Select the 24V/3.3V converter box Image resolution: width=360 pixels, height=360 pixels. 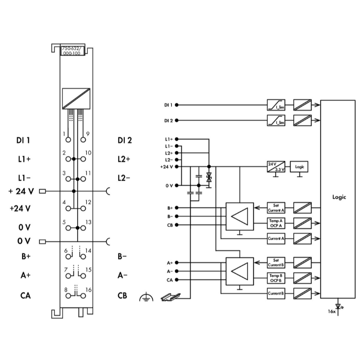tap(276, 167)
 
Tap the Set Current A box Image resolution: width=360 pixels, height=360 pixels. tap(276, 207)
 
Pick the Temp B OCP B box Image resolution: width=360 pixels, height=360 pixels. tap(276, 277)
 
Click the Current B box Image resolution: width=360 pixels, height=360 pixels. tap(276, 294)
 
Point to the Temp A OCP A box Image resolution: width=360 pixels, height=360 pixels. tap(276, 222)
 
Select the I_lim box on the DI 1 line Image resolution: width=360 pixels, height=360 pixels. tap(276, 105)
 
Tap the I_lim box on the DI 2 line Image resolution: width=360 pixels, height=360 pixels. tap(276, 121)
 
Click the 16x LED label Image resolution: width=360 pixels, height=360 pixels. tap(332, 311)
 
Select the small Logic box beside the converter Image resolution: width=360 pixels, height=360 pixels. tap(300, 167)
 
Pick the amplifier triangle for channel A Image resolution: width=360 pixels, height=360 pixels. tap(240, 216)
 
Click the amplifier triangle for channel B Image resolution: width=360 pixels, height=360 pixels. tap(240, 272)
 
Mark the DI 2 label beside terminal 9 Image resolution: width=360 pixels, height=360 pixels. tap(124, 141)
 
